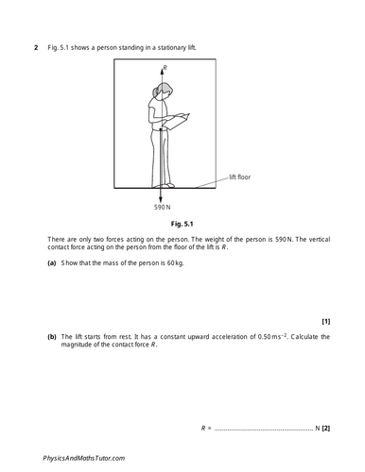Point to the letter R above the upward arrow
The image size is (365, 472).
point(166,68)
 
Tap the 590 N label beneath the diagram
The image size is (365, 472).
point(163,206)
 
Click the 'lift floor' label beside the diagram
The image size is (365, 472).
point(241,177)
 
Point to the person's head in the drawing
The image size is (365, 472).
point(165,92)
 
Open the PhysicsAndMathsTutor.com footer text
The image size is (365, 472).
point(84,456)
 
